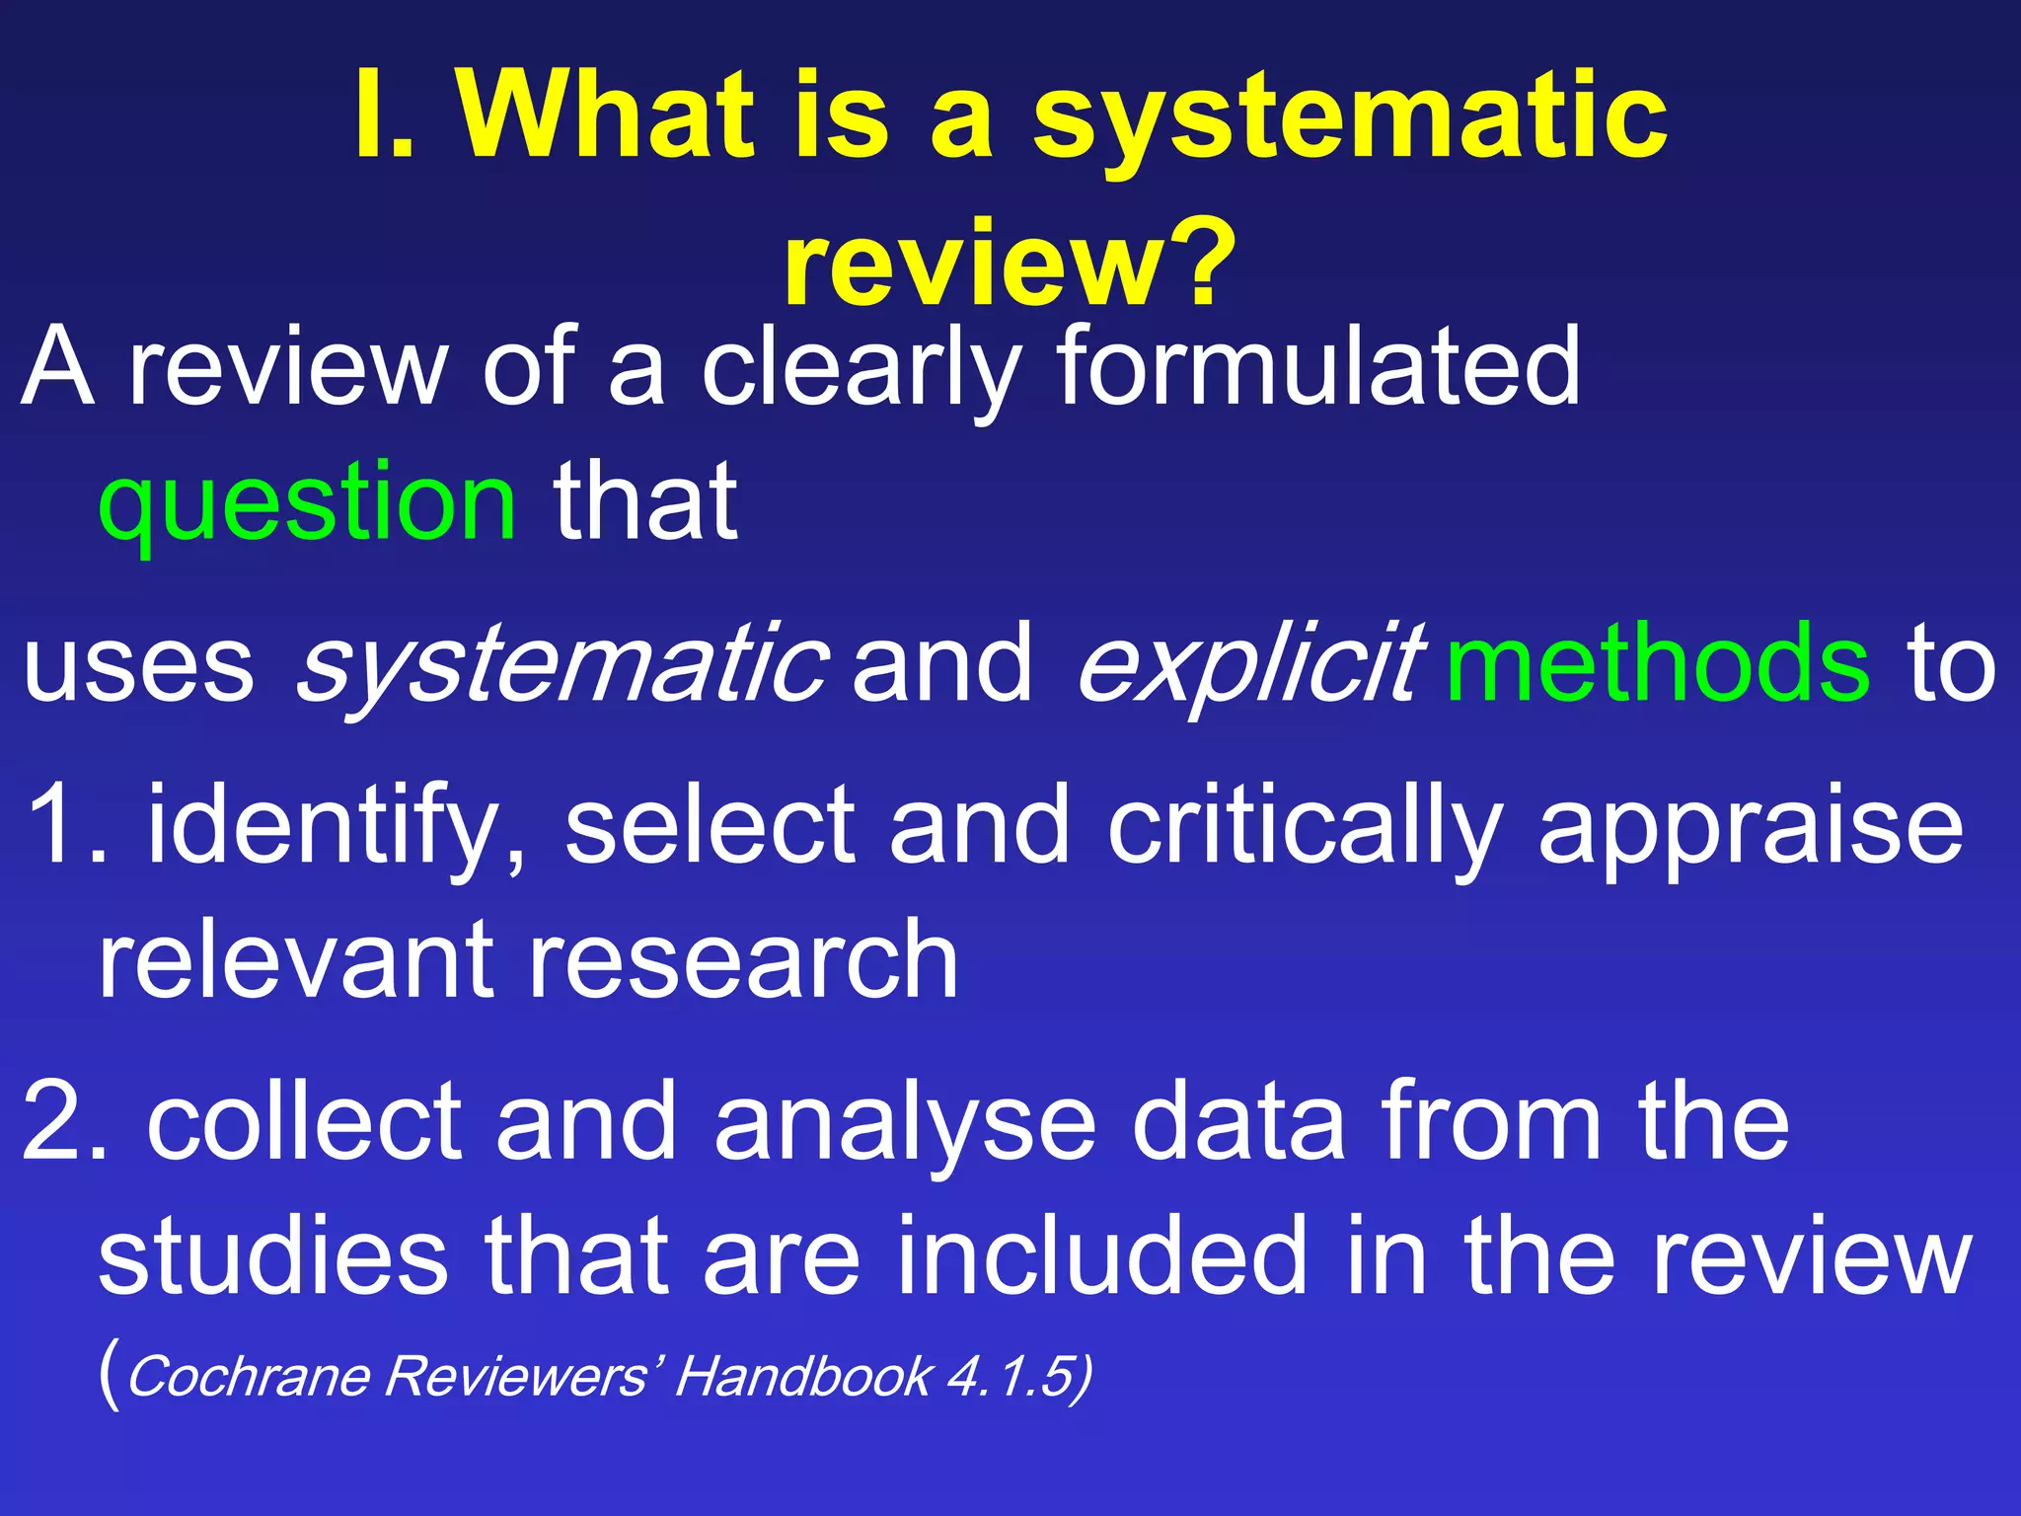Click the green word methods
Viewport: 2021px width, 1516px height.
pos(1657,663)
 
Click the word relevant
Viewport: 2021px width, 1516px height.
pos(296,959)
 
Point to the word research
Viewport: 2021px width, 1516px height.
pos(744,959)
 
